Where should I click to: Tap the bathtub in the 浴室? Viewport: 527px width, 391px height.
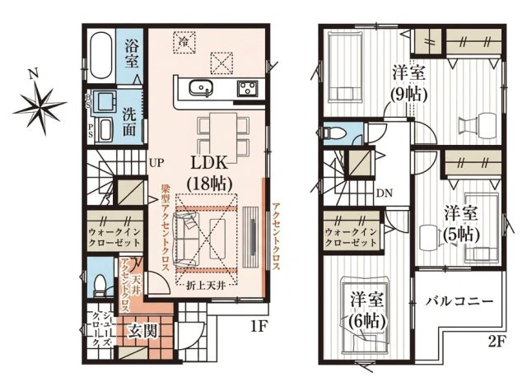pyautogui.click(x=100, y=55)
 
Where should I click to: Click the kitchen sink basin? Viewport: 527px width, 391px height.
pyautogui.click(x=201, y=88)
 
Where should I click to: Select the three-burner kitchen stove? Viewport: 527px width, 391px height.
pyautogui.click(x=249, y=89)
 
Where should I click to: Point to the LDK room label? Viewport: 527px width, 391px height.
pyautogui.click(x=209, y=174)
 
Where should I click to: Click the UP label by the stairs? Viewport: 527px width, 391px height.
pyautogui.click(x=156, y=163)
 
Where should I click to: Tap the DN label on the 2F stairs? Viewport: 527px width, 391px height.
pyautogui.click(x=385, y=193)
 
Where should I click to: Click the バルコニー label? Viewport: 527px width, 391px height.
pyautogui.click(x=459, y=300)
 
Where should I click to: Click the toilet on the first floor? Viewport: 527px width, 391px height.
pyautogui.click(x=100, y=286)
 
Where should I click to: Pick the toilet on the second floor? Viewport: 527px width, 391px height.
pyautogui.click(x=335, y=134)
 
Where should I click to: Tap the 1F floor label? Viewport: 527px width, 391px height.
pyautogui.click(x=259, y=326)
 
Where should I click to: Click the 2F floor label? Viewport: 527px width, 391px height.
pyautogui.click(x=495, y=342)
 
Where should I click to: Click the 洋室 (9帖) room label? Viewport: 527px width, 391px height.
pyautogui.click(x=408, y=84)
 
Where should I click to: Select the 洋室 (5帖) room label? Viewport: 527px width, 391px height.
pyautogui.click(x=461, y=225)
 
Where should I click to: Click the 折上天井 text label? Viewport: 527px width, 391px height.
pyautogui.click(x=206, y=286)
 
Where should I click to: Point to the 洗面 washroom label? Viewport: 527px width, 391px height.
pyautogui.click(x=130, y=121)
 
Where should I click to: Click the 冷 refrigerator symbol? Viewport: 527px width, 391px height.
pyautogui.click(x=184, y=42)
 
